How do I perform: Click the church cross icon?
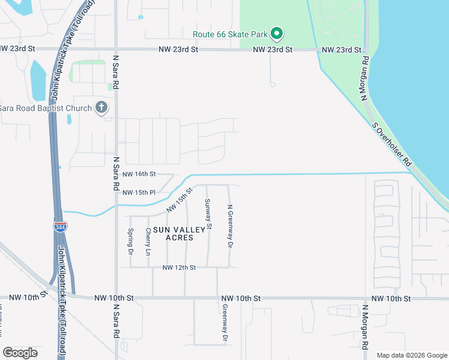(101, 108)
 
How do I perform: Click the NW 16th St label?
(139, 174)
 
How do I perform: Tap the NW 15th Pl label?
(139, 193)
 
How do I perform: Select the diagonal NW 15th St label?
(179, 200)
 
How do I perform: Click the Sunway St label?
(208, 214)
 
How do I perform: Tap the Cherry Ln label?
(148, 239)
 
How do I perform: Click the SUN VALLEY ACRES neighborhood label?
(173, 234)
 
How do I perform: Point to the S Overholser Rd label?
(391, 145)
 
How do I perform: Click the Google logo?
(20, 353)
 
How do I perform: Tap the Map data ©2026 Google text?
(411, 355)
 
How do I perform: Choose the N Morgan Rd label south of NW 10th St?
(364, 326)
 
